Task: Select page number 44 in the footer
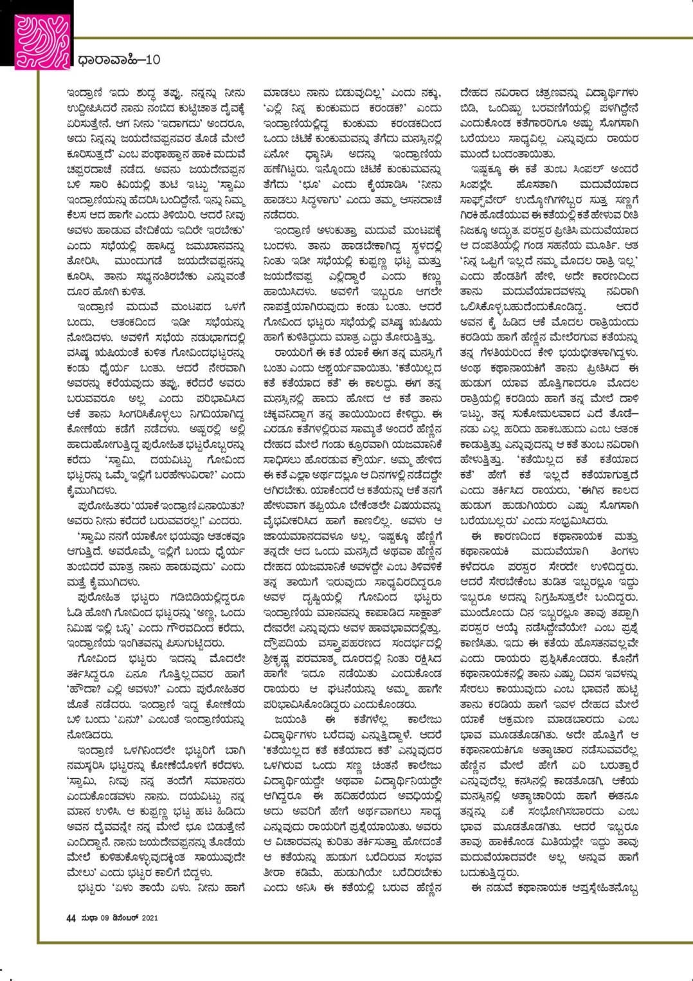tap(71, 918)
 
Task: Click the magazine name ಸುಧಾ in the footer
tap(89, 918)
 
